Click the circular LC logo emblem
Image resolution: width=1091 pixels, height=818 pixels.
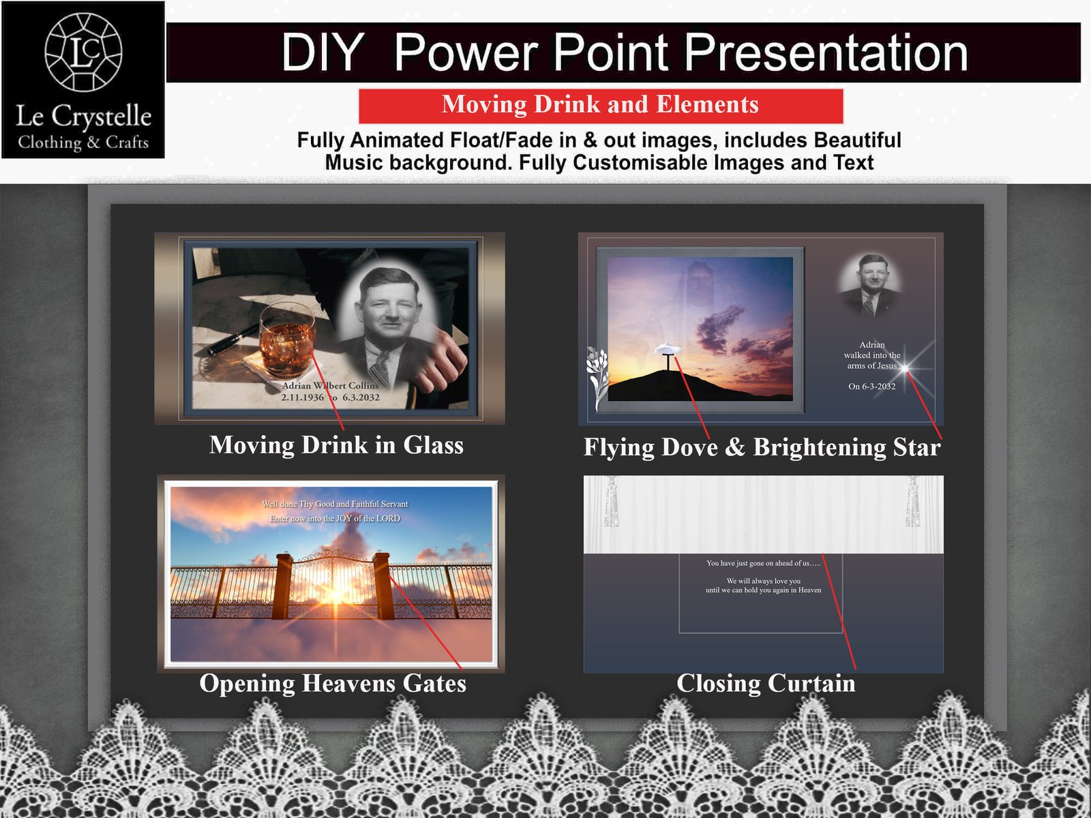tap(83, 52)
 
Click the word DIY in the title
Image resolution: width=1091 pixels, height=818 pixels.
tap(322, 52)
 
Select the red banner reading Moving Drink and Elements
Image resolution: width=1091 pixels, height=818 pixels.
tap(600, 105)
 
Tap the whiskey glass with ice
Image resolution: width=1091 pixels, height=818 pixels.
tap(286, 340)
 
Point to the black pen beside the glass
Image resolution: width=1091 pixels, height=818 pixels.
tap(233, 339)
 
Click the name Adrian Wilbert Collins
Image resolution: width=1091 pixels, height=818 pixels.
tap(330, 386)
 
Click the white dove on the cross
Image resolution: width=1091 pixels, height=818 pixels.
tap(666, 350)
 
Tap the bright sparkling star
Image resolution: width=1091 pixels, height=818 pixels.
tap(906, 368)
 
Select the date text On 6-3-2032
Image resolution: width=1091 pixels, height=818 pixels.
tap(871, 387)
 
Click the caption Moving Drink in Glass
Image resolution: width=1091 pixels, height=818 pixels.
tap(336, 445)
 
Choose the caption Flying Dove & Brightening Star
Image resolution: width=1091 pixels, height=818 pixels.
tap(762, 447)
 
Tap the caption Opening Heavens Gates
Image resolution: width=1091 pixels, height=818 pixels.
tap(333, 684)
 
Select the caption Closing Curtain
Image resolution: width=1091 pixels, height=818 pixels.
tap(766, 684)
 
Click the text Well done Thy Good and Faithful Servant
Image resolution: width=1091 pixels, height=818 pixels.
tap(335, 504)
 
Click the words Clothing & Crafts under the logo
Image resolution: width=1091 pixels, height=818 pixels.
tap(83, 142)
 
